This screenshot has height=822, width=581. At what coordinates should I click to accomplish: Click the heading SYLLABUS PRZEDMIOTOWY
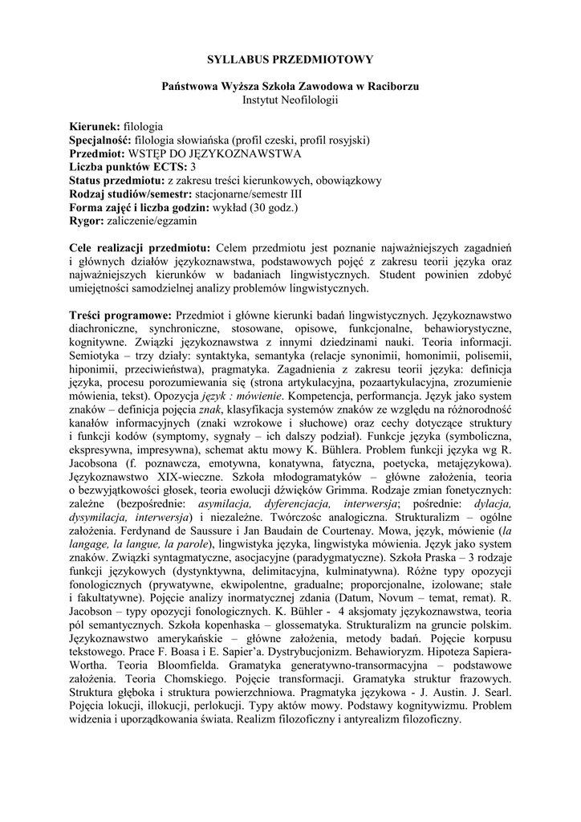click(290, 59)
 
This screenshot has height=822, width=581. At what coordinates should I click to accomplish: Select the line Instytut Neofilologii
click(290, 99)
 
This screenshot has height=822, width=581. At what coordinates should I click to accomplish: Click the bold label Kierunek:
click(95, 127)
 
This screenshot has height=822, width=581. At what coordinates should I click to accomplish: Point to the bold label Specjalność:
click(101, 140)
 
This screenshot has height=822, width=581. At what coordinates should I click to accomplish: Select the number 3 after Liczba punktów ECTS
click(193, 167)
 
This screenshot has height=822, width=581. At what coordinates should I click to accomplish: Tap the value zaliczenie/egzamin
click(150, 220)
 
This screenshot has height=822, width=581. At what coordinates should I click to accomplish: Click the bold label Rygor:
click(87, 220)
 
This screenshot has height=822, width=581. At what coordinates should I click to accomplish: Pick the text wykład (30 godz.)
click(250, 207)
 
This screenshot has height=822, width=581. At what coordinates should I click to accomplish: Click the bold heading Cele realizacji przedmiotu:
click(141, 248)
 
